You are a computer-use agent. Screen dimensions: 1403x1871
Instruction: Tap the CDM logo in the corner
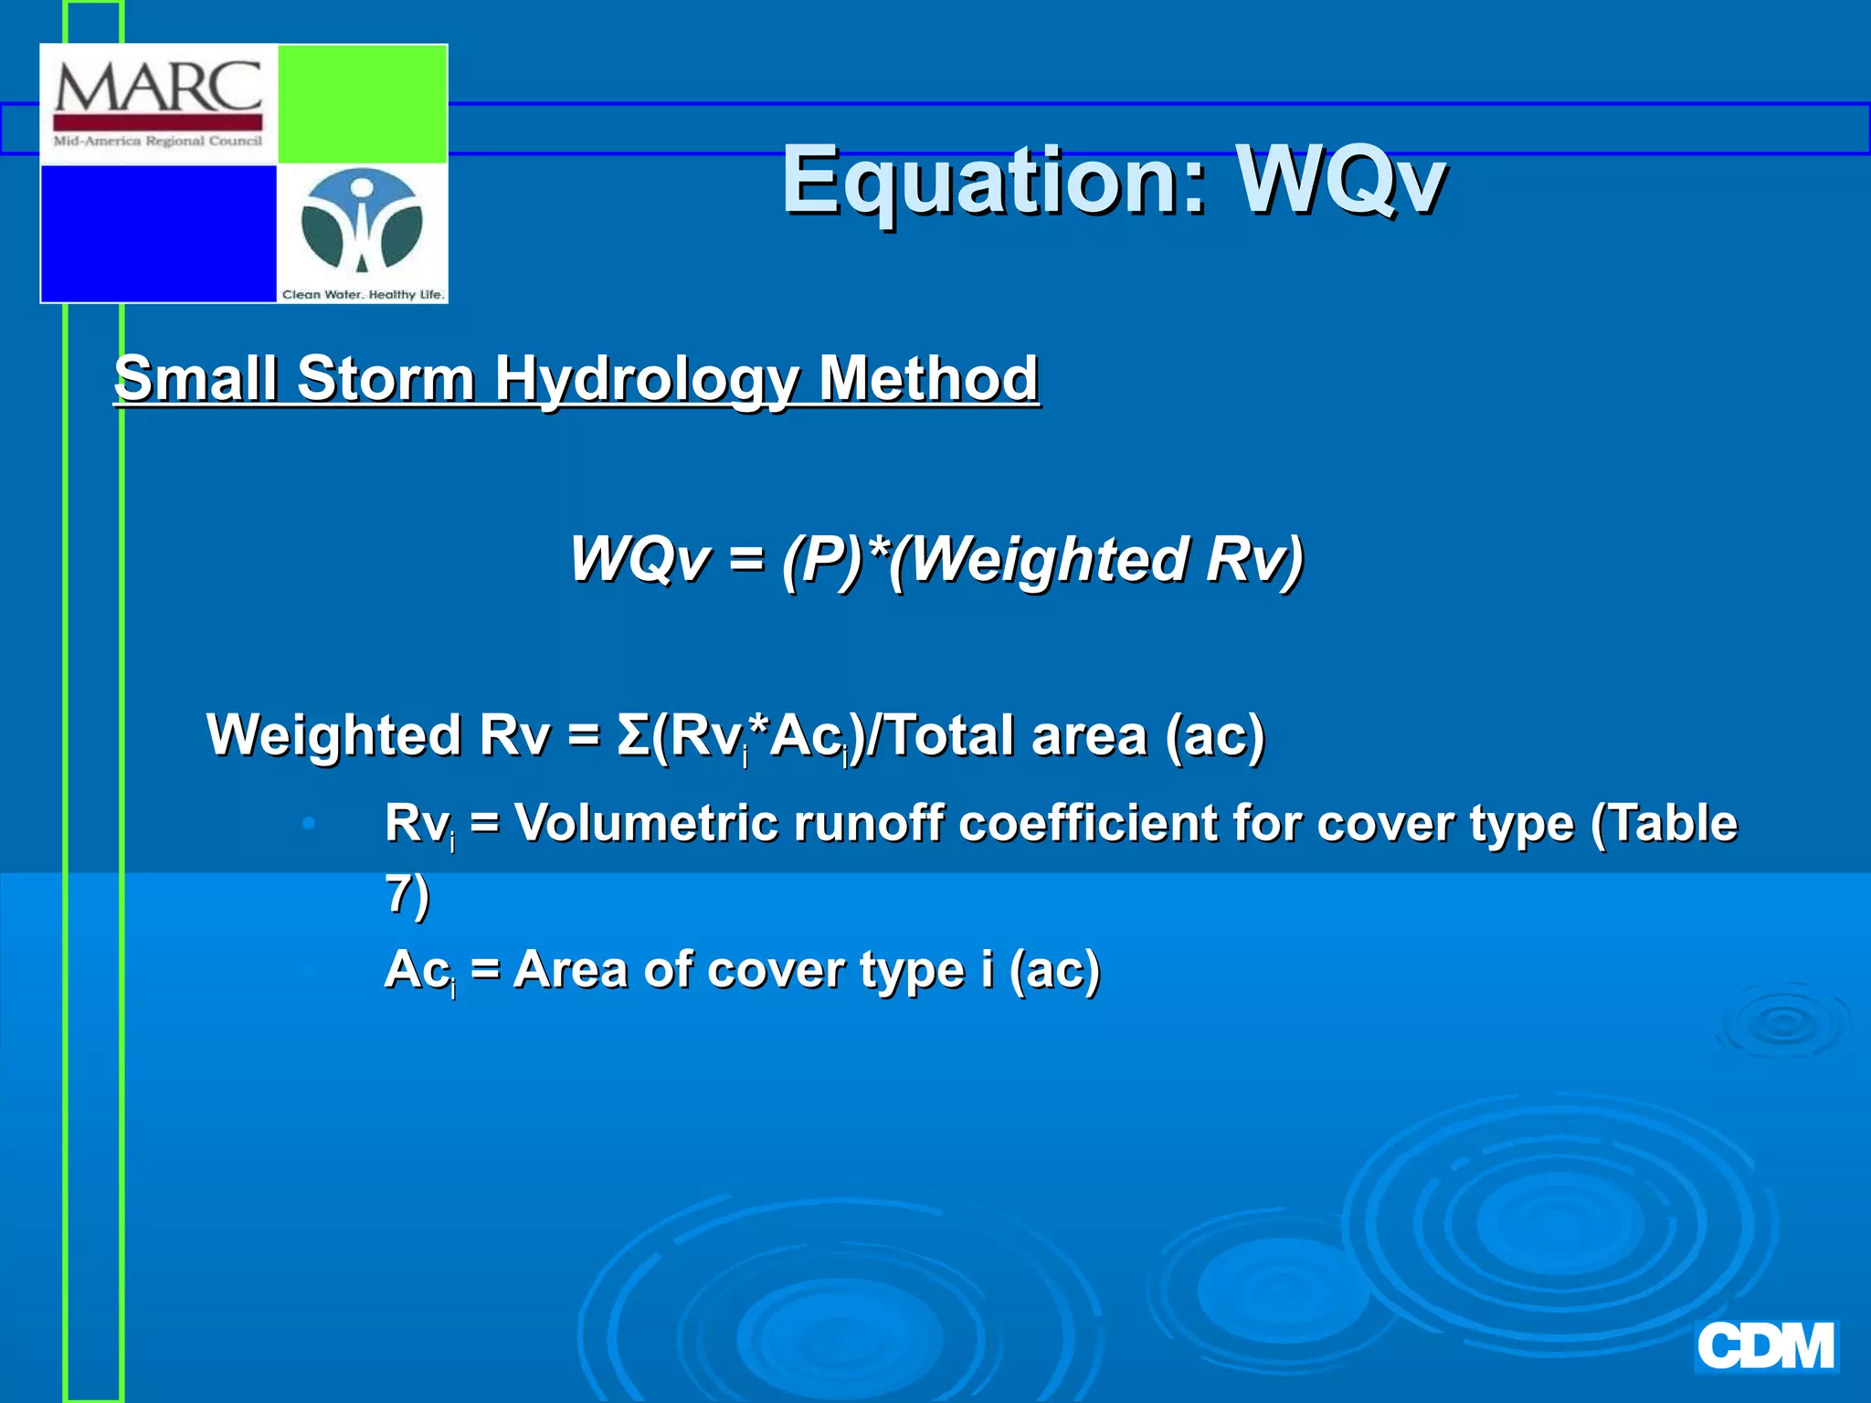(1765, 1347)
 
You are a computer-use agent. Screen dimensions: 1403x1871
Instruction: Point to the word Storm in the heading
(385, 378)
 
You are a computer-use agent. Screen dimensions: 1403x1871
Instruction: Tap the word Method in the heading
(928, 378)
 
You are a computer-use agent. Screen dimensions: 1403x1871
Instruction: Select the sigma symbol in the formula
(633, 735)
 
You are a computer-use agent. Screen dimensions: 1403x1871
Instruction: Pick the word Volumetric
(645, 823)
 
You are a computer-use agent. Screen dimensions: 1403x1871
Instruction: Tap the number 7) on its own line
(407, 895)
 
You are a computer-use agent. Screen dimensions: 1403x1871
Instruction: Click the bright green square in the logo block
(362, 103)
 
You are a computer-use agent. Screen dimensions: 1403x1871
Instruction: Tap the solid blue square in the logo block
(158, 233)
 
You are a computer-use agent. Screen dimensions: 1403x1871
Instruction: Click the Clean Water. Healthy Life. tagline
(363, 294)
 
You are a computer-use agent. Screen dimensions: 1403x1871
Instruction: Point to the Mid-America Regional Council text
(158, 142)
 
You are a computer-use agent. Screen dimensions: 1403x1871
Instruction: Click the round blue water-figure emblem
(362, 223)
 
